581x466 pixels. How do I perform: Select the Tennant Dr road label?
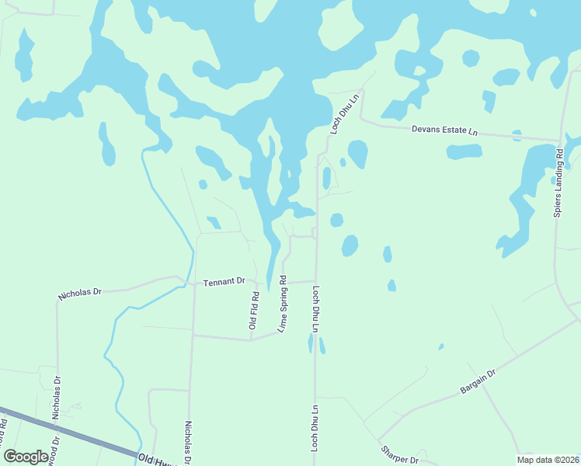pos(224,281)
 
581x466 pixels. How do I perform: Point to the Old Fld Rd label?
pos(253,310)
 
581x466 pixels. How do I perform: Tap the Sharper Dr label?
pos(399,454)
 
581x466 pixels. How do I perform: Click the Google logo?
pos(26,457)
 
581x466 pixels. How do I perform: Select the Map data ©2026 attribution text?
pos(548,459)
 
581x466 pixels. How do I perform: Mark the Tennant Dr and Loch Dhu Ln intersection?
pos(315,280)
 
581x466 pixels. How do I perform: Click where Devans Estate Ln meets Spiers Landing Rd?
pos(559,142)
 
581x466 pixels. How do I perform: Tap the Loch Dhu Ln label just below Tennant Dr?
pos(316,309)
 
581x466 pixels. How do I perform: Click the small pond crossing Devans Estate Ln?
pos(517,135)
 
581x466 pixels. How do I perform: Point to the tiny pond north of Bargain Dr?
pos(440,346)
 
